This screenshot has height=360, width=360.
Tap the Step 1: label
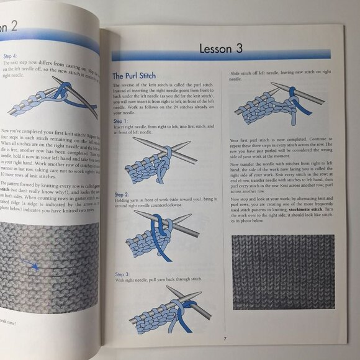click(122, 122)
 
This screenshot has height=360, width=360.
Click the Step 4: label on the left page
click(12, 55)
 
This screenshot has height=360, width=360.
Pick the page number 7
click(225, 338)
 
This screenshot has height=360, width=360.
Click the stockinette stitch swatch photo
click(282, 271)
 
